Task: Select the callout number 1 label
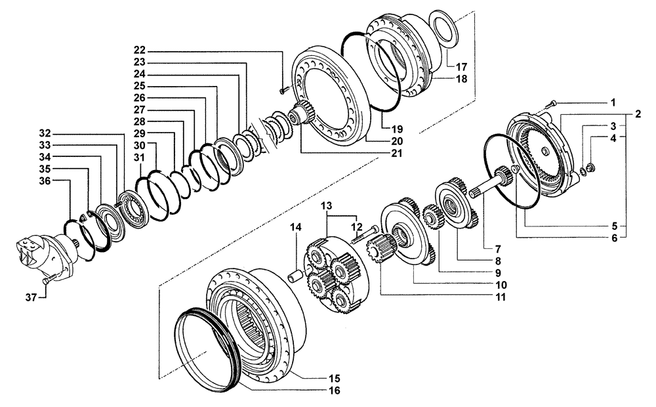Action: (613, 103)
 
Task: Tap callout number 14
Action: (297, 227)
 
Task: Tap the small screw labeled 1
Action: (552, 103)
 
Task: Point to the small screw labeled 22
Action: (282, 91)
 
